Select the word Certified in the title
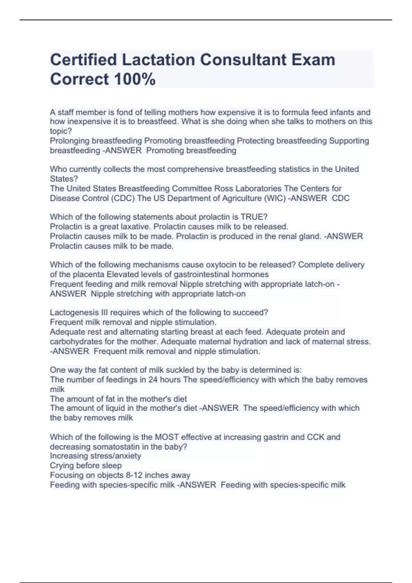coord(83,60)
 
